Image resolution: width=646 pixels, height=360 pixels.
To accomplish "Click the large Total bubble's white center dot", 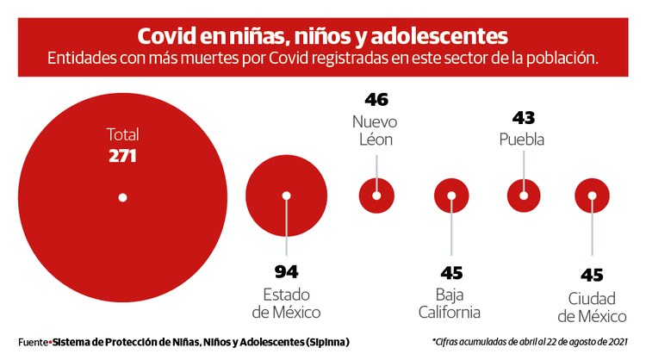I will [x=122, y=197].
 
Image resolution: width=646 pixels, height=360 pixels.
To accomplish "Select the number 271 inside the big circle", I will [x=123, y=156].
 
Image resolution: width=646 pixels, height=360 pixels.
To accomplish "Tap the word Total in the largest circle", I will [x=122, y=134].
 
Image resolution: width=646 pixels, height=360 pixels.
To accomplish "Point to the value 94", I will [x=286, y=273].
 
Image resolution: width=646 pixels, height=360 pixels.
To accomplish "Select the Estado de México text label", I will [x=286, y=302].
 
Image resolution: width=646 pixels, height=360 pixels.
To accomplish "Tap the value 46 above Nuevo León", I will [x=376, y=99].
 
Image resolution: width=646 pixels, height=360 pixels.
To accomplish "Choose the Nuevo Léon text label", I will [x=376, y=129].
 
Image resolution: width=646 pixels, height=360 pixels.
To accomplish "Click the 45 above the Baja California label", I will [x=451, y=273].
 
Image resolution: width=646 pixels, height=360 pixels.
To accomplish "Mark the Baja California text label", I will [x=451, y=302].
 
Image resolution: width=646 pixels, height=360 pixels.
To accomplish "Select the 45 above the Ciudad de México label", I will [x=592, y=275].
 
